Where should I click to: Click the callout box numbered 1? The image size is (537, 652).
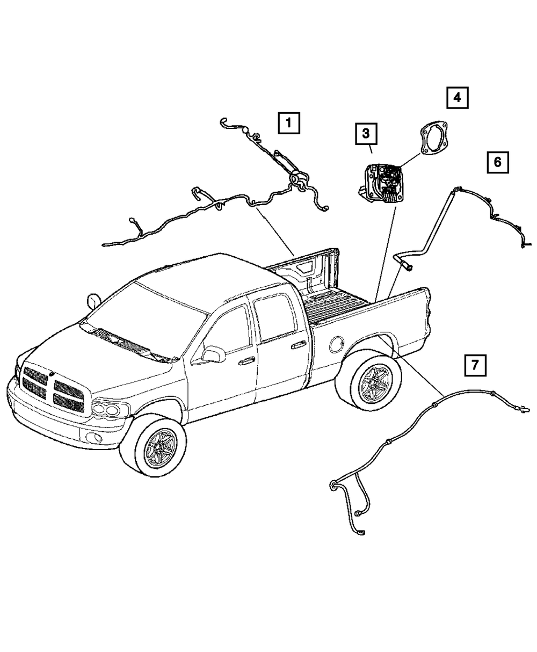289,123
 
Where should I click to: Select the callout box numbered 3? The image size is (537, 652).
365,133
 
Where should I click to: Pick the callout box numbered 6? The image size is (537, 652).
497,161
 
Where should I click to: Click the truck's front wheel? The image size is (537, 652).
155,441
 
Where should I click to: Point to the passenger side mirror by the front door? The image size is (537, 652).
213,354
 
